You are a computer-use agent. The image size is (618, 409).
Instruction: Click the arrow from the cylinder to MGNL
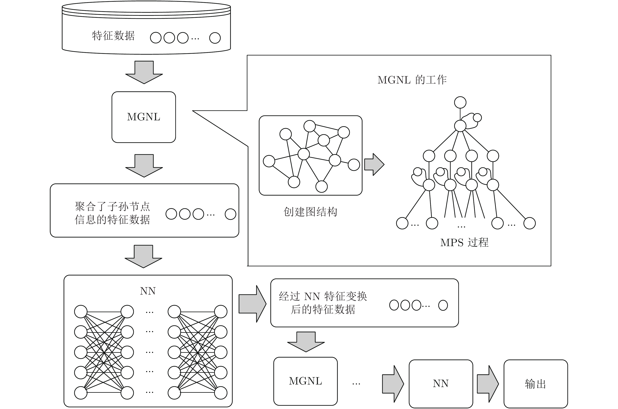coord(144,72)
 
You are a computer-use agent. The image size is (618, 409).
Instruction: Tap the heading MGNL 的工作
coord(412,80)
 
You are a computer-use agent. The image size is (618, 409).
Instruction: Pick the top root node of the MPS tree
coord(460,102)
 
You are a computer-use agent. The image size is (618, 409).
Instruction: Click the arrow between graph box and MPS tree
coord(374,164)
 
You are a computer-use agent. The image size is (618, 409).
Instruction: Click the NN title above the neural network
coord(148,291)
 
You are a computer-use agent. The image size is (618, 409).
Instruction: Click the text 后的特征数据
coord(323,310)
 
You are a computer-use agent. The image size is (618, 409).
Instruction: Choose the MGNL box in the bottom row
coord(305,381)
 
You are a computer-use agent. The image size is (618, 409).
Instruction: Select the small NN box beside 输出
coord(441,384)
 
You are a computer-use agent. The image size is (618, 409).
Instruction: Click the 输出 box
coord(535,384)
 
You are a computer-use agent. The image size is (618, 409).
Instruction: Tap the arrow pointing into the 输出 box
coord(488,384)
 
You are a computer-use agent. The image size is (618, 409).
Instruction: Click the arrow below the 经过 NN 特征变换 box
coord(306,342)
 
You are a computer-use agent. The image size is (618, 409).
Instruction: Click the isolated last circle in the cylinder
coord(215,38)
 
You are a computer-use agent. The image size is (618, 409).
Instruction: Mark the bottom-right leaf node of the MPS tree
coord(530,223)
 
